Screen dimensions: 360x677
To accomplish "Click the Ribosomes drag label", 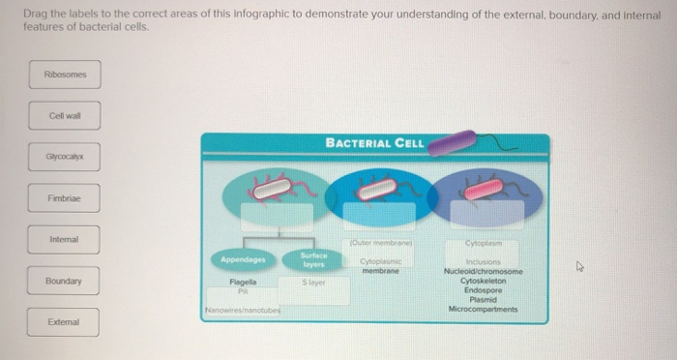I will [x=64, y=75].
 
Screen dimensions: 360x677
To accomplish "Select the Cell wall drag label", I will [x=64, y=116].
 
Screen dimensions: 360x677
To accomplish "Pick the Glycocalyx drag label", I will [x=64, y=156].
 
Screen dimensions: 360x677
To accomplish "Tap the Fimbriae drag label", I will [x=64, y=197].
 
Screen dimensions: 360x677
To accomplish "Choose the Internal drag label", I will [x=64, y=238].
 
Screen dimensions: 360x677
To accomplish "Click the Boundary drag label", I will [x=64, y=282].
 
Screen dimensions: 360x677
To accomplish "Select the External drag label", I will [x=64, y=321].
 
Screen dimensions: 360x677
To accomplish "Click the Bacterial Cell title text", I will [x=374, y=143].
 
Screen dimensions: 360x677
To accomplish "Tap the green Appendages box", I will [x=243, y=259].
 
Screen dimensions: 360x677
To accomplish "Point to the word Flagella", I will [x=242, y=282].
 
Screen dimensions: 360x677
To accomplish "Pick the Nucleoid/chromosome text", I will [x=482, y=272].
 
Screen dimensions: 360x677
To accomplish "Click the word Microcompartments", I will [x=483, y=309].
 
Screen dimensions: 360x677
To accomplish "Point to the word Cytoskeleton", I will [x=482, y=281].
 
